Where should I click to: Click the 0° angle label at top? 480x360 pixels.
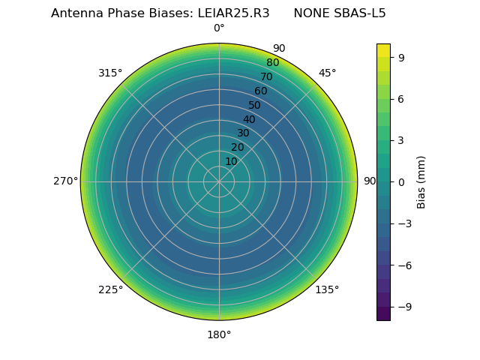pyautogui.click(x=219, y=28)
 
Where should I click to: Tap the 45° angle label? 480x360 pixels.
pyautogui.click(x=327, y=73)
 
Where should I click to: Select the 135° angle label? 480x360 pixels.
pyautogui.click(x=327, y=289)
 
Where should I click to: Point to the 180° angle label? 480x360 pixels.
pyautogui.click(x=219, y=334)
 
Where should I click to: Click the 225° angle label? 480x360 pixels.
pyautogui.click(x=110, y=289)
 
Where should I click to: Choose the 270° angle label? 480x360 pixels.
pyautogui.click(x=65, y=181)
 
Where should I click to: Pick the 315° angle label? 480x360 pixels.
pyautogui.click(x=110, y=73)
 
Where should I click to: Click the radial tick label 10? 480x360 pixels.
pyautogui.click(x=231, y=161)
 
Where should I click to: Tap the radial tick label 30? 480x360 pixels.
pyautogui.click(x=243, y=133)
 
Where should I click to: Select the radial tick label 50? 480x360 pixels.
pyautogui.click(x=255, y=106)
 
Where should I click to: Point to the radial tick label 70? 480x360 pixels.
pyautogui.click(x=266, y=77)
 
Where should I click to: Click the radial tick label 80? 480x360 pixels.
pyautogui.click(x=272, y=63)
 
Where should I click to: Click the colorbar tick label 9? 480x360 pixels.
pyautogui.click(x=401, y=56)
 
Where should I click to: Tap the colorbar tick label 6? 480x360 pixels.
pyautogui.click(x=401, y=98)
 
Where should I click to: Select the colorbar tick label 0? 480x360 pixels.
pyautogui.click(x=401, y=181)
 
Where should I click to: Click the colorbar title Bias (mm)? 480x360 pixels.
pyautogui.click(x=421, y=181)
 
